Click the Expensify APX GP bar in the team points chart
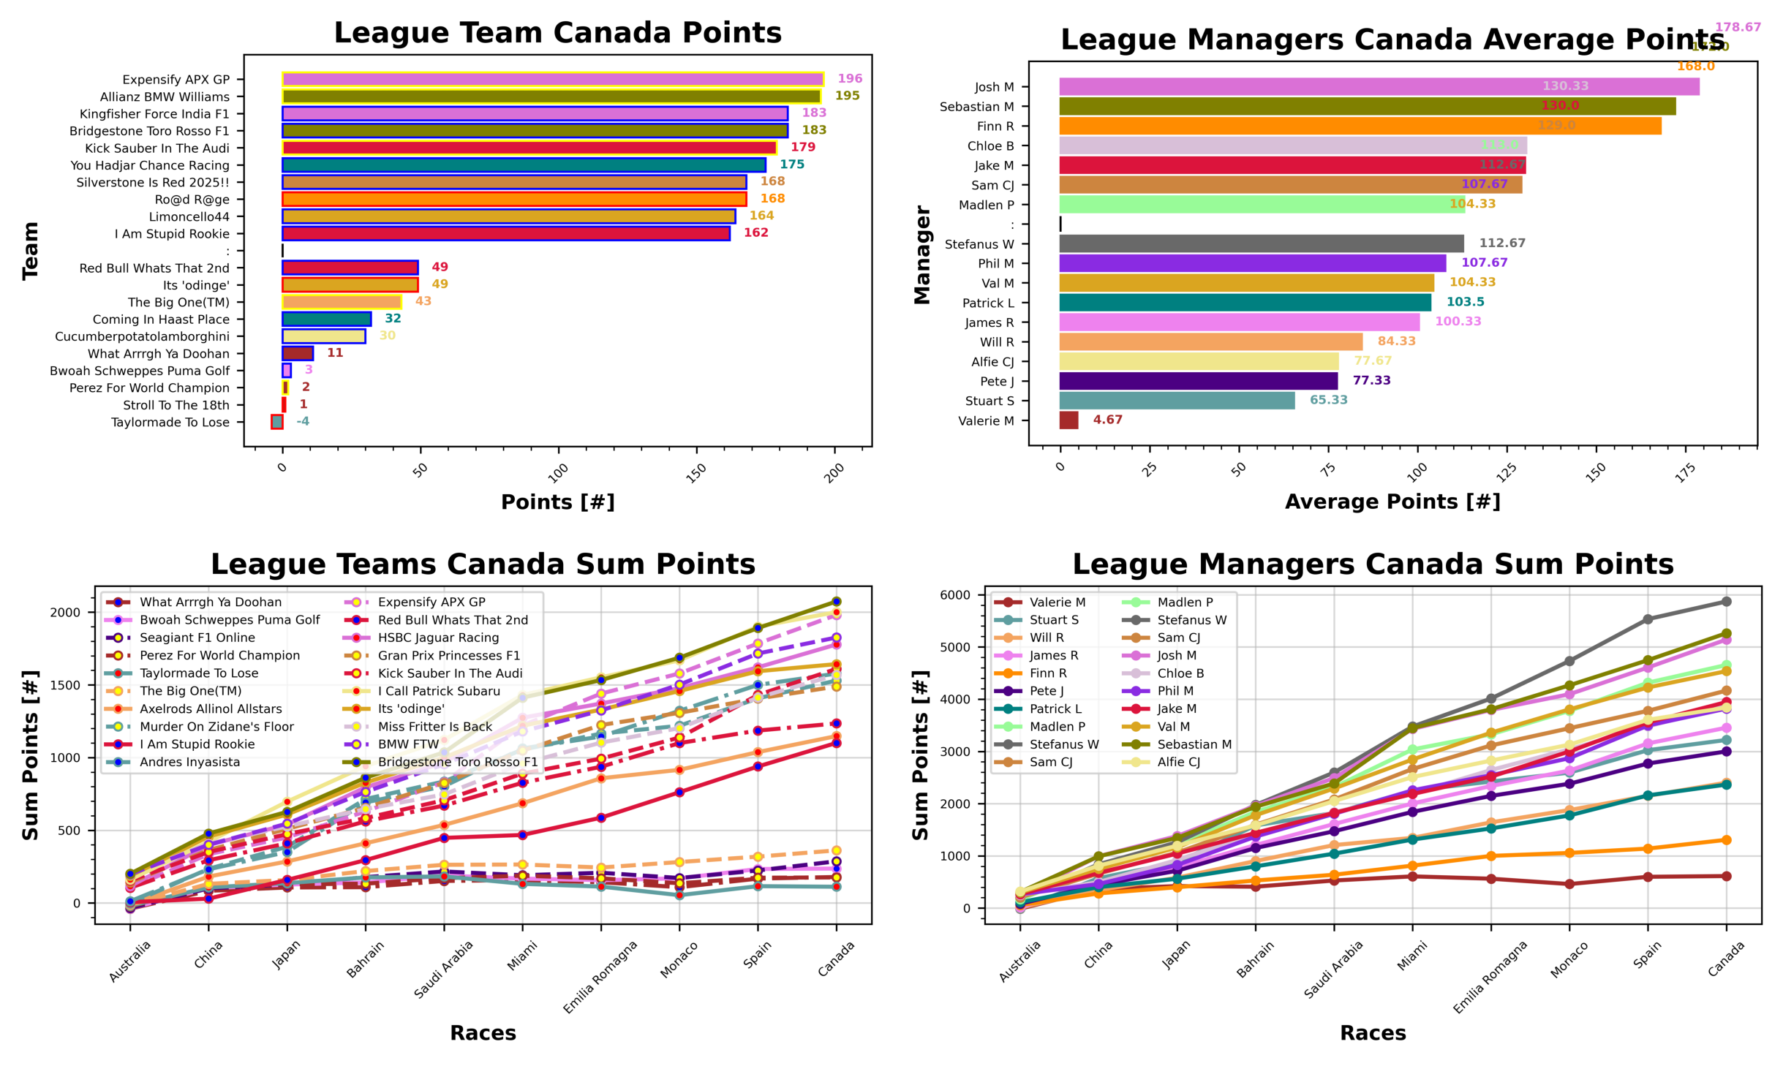pos(552,79)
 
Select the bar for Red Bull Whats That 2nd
pos(350,268)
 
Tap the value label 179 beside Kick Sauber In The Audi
pos(802,147)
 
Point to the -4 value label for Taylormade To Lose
pos(302,421)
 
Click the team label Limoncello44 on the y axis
pos(189,216)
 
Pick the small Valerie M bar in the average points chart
pos(1068,420)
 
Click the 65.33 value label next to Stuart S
pos(1327,400)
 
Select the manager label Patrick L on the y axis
pos(987,303)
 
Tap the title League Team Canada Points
pos(557,33)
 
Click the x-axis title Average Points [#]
pos(1392,502)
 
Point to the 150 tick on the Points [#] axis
pos(696,471)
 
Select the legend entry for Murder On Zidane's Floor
pos(216,726)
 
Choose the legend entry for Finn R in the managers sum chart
pos(1047,673)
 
